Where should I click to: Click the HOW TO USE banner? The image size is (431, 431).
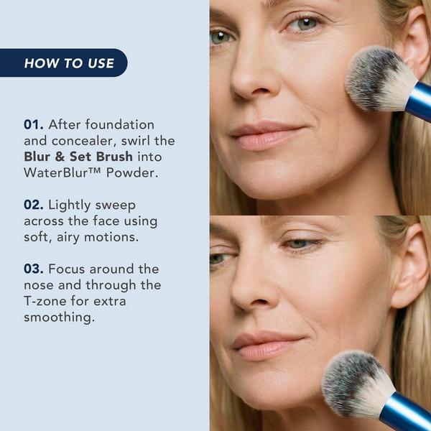point(69,63)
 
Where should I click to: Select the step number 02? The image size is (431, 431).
point(34,205)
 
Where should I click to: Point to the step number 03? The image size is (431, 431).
point(34,269)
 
